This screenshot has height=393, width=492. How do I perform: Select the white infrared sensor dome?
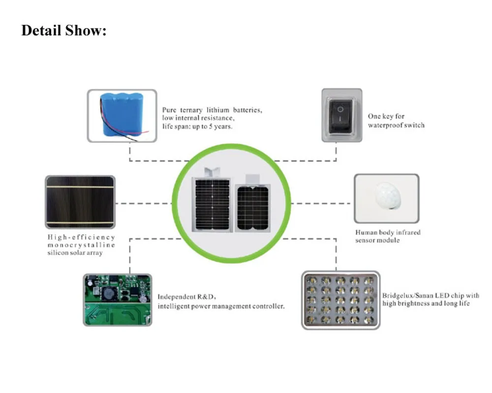(388, 196)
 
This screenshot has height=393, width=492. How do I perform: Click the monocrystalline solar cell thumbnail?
(80, 202)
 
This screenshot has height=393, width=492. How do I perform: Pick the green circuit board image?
(118, 300)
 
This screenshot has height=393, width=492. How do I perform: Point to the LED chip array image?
(341, 300)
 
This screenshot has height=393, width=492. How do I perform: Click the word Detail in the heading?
(41, 31)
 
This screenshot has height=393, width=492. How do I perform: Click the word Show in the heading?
(86, 31)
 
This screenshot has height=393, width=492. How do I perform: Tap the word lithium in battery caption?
(218, 110)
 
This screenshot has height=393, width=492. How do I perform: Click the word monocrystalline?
(81, 245)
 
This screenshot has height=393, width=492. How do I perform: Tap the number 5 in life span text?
(211, 126)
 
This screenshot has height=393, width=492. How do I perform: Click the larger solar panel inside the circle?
(212, 204)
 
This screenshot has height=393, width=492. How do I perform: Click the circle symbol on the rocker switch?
(340, 109)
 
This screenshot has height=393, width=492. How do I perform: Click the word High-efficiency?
(81, 237)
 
